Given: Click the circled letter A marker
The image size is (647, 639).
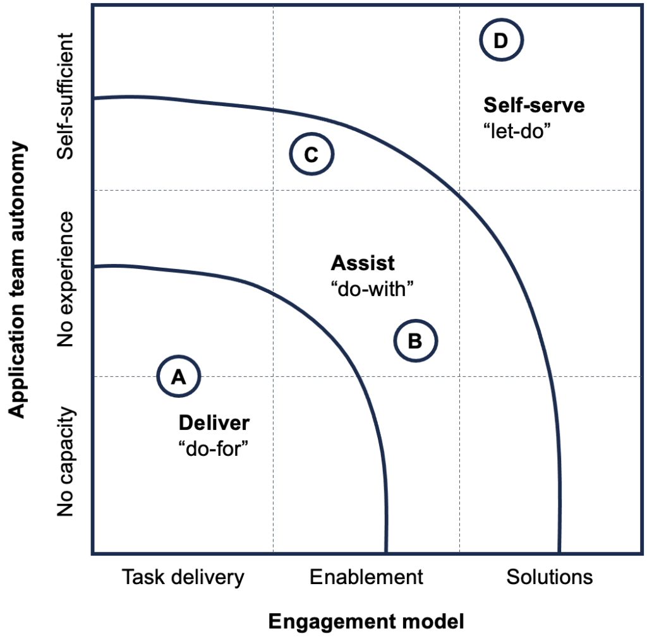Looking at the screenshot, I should (x=179, y=376).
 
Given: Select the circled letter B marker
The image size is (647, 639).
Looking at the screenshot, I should (x=416, y=341).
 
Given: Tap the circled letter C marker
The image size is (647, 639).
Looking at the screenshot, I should (x=311, y=155).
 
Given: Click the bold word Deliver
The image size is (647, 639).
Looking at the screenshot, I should (x=214, y=422).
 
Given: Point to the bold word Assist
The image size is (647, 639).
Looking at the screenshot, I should (x=363, y=262).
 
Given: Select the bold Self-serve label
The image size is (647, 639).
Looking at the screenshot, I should (x=534, y=105).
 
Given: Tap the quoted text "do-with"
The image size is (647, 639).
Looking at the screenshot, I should (x=372, y=289).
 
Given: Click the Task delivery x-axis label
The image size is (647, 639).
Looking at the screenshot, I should (x=183, y=577).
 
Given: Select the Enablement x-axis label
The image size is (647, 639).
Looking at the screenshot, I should (x=366, y=577).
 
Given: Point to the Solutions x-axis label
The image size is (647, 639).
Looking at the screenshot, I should (x=550, y=577).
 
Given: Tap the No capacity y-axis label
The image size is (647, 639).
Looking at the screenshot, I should (x=66, y=462).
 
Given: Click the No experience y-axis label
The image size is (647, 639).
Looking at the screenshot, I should (x=66, y=279).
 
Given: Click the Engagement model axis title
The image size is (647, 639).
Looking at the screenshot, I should (x=366, y=622).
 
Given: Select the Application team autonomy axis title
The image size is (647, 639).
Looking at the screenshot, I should (x=19, y=279).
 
